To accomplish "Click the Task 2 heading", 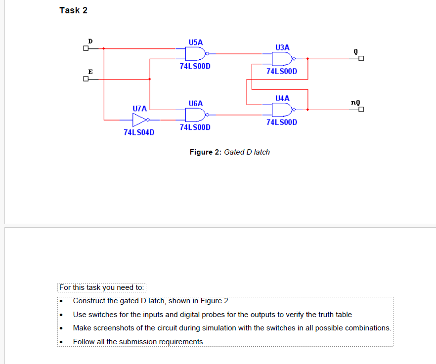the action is [73, 10].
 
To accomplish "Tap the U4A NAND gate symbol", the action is [280, 109].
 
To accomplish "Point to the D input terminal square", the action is [86, 48].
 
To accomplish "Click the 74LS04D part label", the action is [139, 132].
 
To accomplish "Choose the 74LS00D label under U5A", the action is [195, 66].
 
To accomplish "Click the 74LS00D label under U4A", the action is [281, 122].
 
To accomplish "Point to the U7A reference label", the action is [140, 108].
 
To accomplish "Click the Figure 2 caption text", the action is [229, 152].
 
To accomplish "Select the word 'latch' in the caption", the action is [261, 152].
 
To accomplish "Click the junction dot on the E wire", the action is [150, 79].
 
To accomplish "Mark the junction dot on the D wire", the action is [103, 48].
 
